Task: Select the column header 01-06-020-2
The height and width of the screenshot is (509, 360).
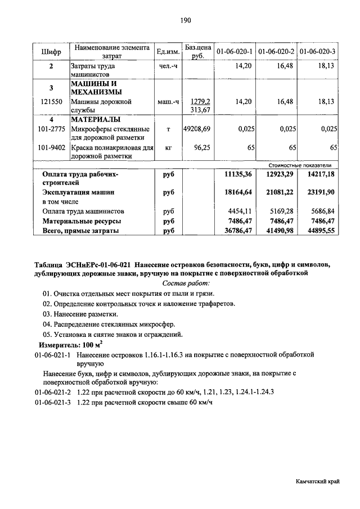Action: click(276, 52)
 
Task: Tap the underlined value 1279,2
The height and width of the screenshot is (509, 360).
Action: click(200, 102)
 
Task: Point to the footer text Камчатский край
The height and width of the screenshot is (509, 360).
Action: click(318, 483)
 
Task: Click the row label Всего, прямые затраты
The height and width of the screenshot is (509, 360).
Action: click(80, 231)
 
